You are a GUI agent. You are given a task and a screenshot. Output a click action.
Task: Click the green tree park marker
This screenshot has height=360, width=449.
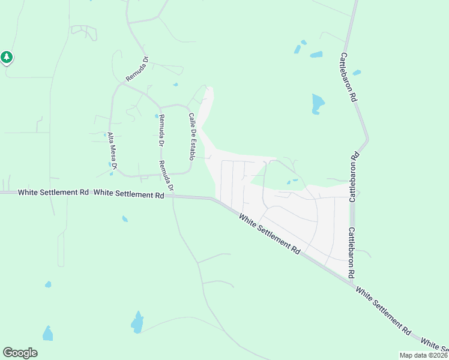tap(7, 58)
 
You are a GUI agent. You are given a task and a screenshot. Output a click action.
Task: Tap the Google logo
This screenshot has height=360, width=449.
tap(20, 353)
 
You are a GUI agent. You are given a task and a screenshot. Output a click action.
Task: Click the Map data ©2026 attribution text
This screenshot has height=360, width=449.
tap(424, 355)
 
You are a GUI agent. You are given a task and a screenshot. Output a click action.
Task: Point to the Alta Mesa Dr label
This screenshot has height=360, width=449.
tap(112, 151)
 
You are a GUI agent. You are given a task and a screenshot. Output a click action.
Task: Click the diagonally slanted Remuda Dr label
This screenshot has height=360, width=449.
tap(136, 70)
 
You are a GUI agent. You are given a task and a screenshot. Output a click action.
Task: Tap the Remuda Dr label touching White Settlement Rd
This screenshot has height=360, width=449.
tap(166, 176)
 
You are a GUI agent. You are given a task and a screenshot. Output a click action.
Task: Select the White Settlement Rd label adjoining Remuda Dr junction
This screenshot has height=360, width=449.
tap(129, 194)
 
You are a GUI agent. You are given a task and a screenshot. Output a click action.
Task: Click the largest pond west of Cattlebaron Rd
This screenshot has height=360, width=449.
tap(317, 104)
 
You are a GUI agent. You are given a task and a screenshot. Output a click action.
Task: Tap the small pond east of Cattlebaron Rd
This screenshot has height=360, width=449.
tap(357, 73)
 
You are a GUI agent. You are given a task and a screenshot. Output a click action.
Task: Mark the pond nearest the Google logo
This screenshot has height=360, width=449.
tap(47, 334)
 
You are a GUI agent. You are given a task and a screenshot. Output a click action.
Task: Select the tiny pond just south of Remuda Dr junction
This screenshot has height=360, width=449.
tap(125, 219)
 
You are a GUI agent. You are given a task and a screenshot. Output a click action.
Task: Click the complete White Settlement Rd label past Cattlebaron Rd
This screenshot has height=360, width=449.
tap(383, 310)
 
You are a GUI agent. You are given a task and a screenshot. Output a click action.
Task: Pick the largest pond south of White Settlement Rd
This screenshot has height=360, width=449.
tap(137, 323)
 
